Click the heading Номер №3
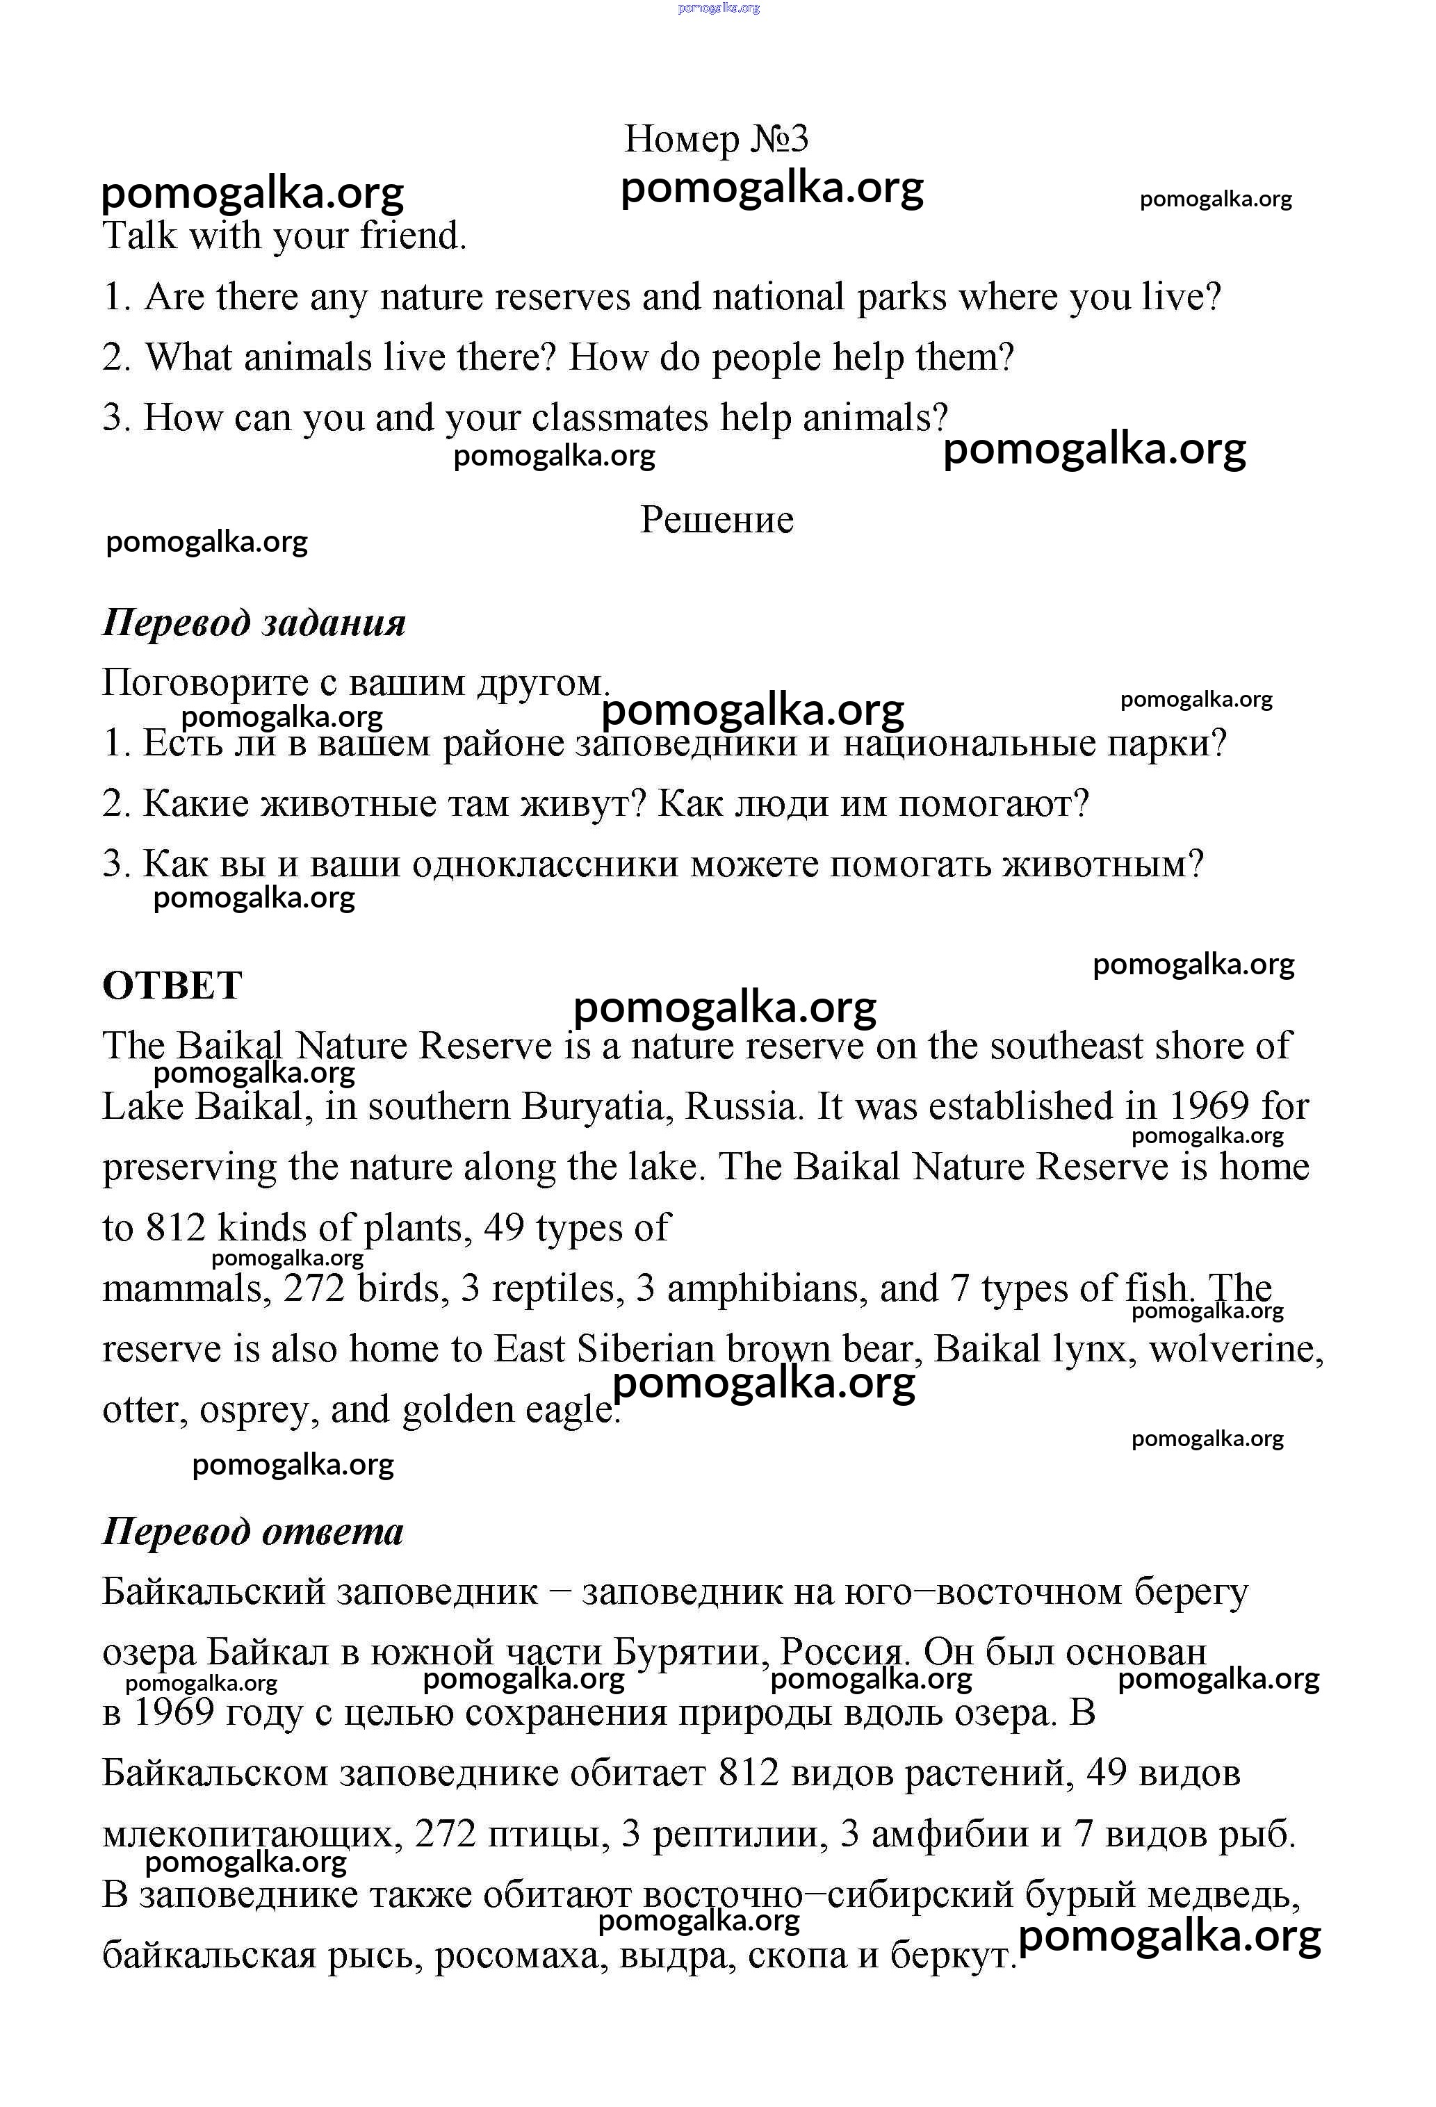tap(715, 139)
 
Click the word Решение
tap(716, 520)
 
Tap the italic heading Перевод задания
tap(254, 623)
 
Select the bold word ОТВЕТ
tap(172, 985)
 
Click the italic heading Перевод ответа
tap(252, 1532)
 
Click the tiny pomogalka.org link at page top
tap(718, 8)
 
